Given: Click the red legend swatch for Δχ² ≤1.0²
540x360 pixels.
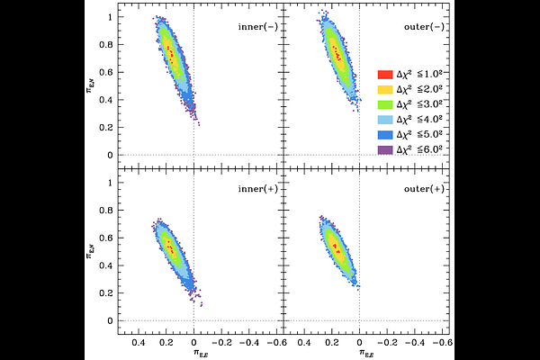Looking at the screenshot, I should pos(383,74).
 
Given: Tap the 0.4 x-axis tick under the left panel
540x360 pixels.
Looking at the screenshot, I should pos(139,344).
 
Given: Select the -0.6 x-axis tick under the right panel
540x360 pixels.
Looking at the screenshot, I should pos(441,344).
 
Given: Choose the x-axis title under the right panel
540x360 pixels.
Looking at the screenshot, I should pos(360,355).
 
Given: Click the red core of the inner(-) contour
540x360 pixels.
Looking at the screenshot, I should pos(170,52).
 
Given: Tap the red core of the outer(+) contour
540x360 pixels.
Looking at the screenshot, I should pos(336,246).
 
